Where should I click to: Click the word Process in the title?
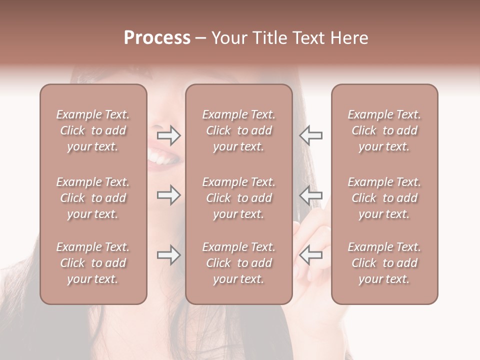157,38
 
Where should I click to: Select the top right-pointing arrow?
168,135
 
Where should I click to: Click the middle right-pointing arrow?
168,195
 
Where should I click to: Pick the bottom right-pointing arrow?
168,255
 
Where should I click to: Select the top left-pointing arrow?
310,135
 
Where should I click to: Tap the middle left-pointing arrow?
310,195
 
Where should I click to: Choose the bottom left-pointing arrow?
310,255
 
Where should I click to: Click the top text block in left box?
93,130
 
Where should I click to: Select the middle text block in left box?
93,198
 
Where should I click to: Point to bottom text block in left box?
93,263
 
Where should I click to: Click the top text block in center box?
238,130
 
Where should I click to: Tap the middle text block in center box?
238,198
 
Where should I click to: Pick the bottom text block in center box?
238,263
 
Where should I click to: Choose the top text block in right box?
384,130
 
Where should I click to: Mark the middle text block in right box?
384,198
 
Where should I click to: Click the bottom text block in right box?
384,263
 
